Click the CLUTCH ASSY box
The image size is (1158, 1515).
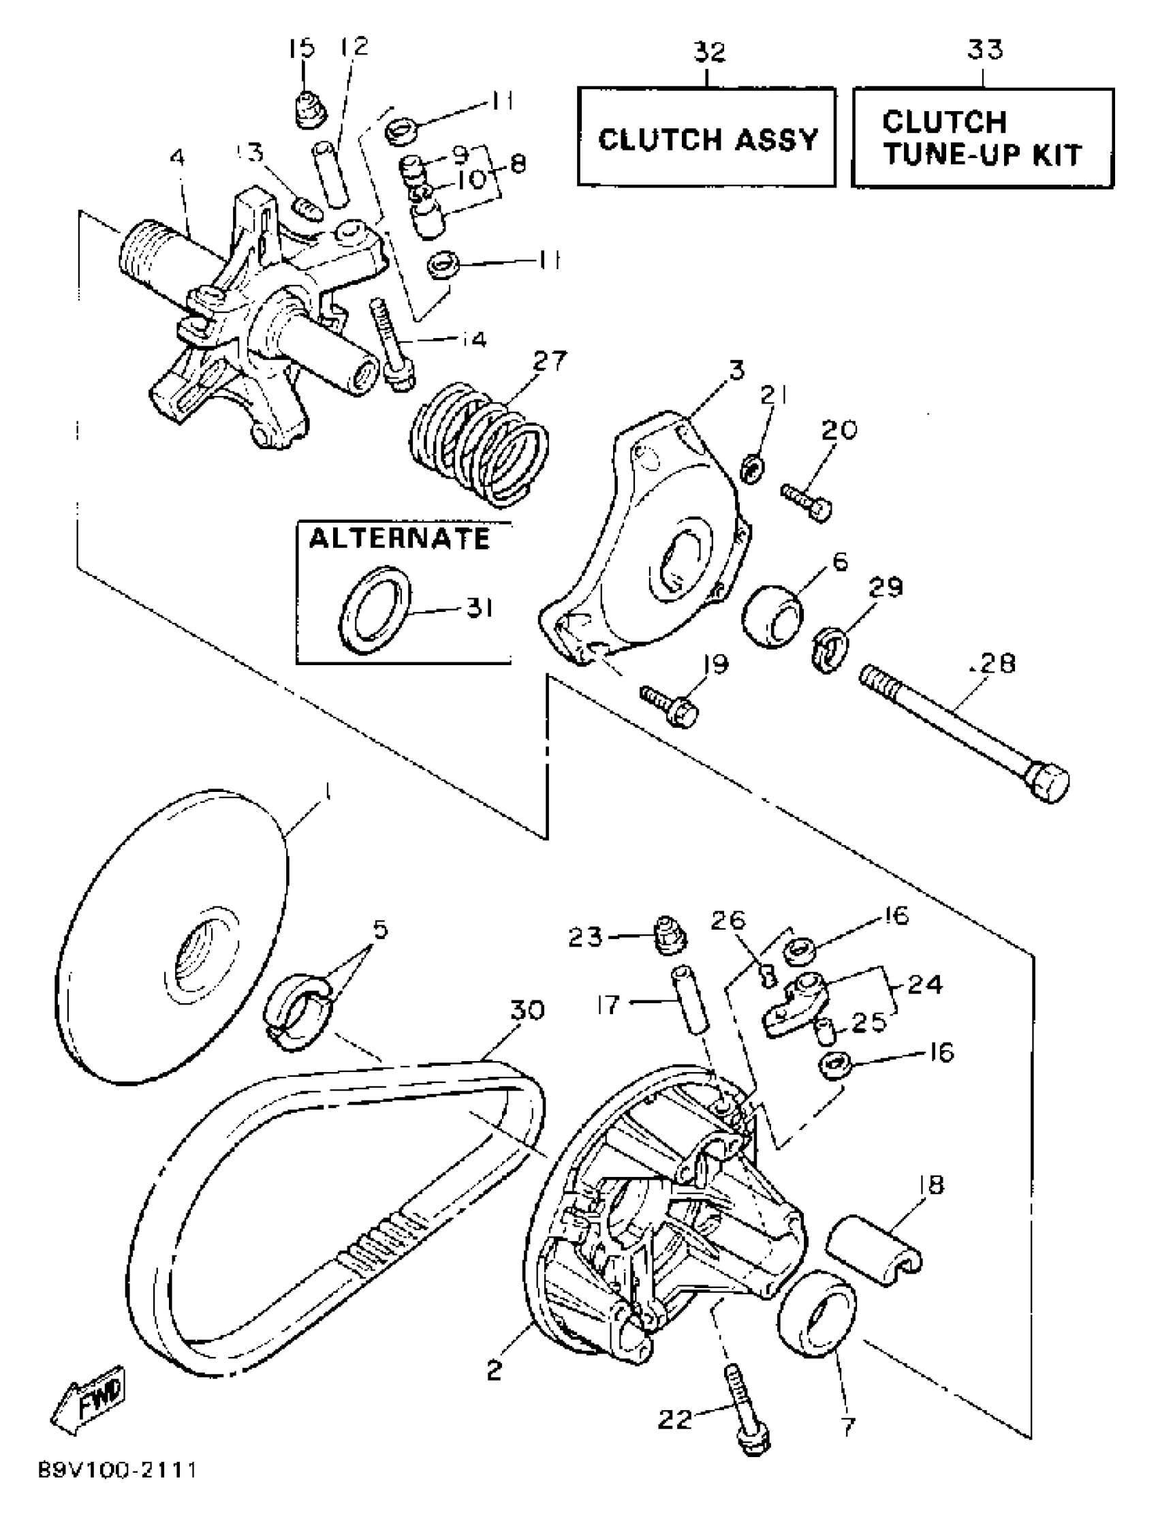point(706,137)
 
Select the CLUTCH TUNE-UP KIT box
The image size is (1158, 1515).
point(982,137)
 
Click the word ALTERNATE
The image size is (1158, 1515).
point(399,538)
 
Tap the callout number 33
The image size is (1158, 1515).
point(985,50)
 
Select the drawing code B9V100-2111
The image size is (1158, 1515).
point(117,1485)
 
